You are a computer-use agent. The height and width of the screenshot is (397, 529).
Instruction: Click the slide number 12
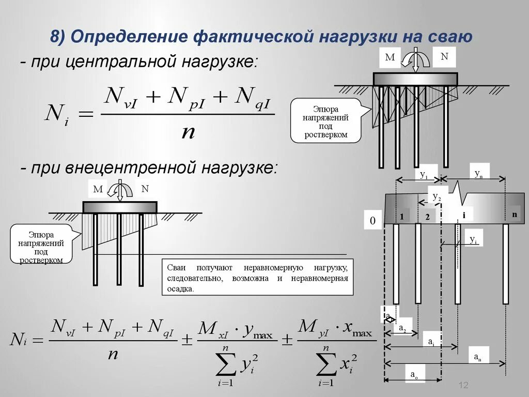point(463,385)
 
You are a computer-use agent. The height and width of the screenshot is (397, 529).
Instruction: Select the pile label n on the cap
point(514,214)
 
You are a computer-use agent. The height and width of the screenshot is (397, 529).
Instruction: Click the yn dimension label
point(478,173)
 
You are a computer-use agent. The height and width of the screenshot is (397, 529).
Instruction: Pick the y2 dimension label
point(437,197)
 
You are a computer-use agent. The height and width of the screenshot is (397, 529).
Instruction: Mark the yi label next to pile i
point(473,239)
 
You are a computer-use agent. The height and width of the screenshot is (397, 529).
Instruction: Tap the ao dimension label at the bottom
point(414,375)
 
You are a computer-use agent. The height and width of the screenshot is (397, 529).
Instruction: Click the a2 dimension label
point(403,327)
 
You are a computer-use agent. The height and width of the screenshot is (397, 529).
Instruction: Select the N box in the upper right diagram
point(444,56)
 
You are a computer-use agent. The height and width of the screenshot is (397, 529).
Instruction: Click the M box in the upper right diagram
point(390,57)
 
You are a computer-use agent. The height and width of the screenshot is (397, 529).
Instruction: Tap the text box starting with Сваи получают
point(258,278)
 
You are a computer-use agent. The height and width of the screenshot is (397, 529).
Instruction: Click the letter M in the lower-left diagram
point(98,190)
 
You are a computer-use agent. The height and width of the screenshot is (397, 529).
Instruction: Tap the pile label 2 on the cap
point(427,217)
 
